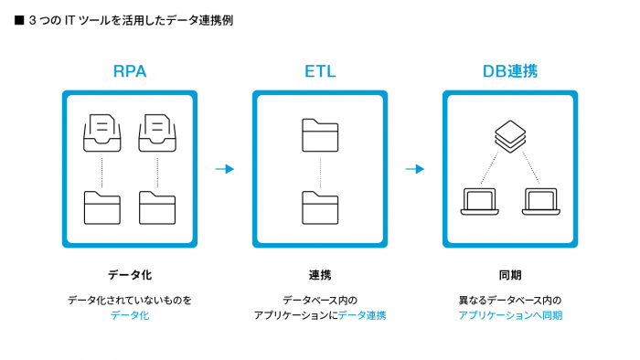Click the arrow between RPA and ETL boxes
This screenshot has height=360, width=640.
[x=225, y=169]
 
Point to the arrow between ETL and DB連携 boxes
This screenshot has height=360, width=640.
[x=415, y=169]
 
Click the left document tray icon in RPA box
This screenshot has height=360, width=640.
[x=101, y=133]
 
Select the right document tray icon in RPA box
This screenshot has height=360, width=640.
[x=157, y=133]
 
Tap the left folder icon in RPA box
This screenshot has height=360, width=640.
[x=101, y=206]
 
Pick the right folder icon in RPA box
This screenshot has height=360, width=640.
[x=157, y=206]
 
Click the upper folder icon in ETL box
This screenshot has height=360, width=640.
[x=320, y=134]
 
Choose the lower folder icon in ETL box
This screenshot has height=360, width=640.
[x=320, y=206]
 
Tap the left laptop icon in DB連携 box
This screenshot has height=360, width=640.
[x=475, y=202]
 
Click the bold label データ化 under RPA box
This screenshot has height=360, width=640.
[x=129, y=274]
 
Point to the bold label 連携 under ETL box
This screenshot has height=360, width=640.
[x=320, y=274]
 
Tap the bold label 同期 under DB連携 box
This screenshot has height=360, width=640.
[x=510, y=274]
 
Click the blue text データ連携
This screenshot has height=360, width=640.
[x=362, y=315]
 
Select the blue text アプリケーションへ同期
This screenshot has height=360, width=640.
[x=510, y=315]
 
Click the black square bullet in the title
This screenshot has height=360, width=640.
[x=18, y=18]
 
